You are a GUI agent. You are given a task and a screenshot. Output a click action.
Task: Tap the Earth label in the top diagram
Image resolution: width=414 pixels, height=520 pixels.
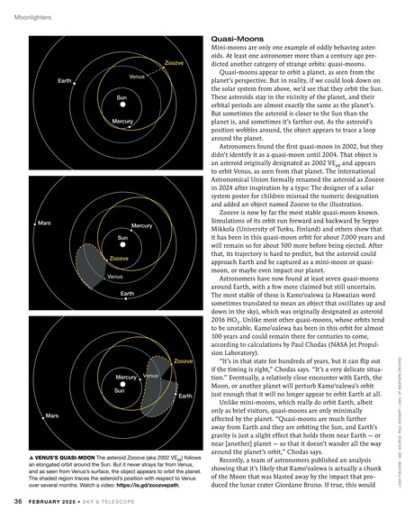click(x=65, y=82)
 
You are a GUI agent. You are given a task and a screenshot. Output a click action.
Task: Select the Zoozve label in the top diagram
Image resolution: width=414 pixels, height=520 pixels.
click(x=176, y=63)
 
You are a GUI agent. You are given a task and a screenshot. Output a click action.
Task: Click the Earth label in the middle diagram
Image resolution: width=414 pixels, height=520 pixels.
click(x=127, y=294)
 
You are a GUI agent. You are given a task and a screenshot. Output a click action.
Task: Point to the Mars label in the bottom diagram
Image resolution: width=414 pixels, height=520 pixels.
click(x=51, y=441)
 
